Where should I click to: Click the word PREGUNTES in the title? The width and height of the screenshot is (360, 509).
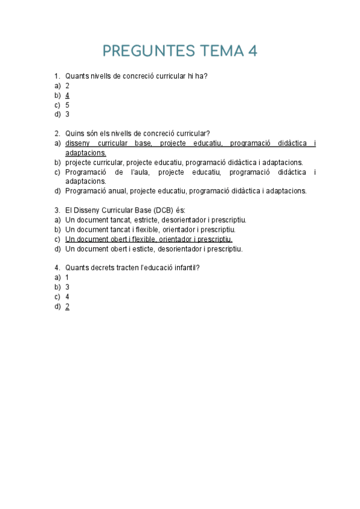tap(148, 51)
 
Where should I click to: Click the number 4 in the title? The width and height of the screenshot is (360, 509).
tap(252, 51)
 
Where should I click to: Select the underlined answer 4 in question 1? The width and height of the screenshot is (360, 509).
tap(67, 95)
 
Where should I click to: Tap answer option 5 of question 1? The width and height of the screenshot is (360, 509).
tap(67, 104)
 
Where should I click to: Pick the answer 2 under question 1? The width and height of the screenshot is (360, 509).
tap(67, 85)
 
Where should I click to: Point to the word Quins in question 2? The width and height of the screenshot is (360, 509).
tap(74, 133)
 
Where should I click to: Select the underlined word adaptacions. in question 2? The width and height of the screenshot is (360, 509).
tap(85, 152)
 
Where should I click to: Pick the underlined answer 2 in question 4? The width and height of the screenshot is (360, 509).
tap(67, 306)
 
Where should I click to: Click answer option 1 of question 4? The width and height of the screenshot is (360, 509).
tap(67, 277)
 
